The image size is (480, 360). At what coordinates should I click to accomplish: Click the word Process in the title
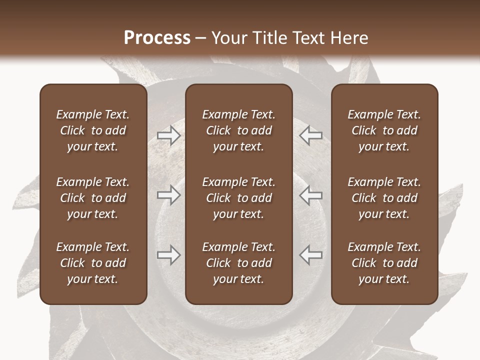pyautogui.click(x=157, y=37)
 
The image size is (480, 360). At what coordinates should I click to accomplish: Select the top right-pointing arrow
pyautogui.click(x=168, y=135)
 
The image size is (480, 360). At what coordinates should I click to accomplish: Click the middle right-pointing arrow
pyautogui.click(x=168, y=195)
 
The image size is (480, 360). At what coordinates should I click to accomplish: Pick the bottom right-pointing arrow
pyautogui.click(x=168, y=255)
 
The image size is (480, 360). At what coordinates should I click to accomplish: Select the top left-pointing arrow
pyautogui.click(x=310, y=135)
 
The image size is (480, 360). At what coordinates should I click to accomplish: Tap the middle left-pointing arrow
pyautogui.click(x=310, y=195)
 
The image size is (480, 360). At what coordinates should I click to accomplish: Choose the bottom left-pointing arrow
pyautogui.click(x=310, y=255)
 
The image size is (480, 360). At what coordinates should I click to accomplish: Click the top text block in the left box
pyautogui.click(x=93, y=130)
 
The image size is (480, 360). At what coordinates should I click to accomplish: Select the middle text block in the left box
pyautogui.click(x=93, y=198)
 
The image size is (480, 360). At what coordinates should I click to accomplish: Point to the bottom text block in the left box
pyautogui.click(x=93, y=263)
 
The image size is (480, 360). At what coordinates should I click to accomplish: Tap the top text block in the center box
pyautogui.click(x=238, y=130)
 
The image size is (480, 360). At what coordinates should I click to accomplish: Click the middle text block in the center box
pyautogui.click(x=238, y=198)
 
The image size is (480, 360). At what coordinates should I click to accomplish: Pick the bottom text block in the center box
pyautogui.click(x=238, y=263)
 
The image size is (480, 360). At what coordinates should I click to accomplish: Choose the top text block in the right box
pyautogui.click(x=384, y=130)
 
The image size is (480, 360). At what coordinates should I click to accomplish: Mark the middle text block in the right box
pyautogui.click(x=384, y=198)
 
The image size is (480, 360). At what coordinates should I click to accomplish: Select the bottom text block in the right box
pyautogui.click(x=384, y=263)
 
